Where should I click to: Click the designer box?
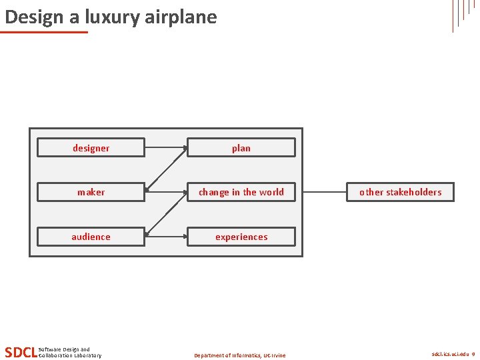(91, 147)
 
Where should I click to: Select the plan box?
(241, 147)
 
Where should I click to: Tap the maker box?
(91, 192)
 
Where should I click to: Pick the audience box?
(91, 237)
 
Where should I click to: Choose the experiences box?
(241, 237)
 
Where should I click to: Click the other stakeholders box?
(400, 192)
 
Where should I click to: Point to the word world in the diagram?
(271, 192)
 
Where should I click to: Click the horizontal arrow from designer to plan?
(165, 147)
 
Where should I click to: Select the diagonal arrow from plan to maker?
(166, 169)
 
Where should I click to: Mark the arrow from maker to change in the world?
(165, 192)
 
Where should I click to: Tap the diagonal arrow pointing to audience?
(166, 214)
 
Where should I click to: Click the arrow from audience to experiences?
(165, 237)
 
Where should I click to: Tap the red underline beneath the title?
(44, 31)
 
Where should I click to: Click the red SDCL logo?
(20, 352)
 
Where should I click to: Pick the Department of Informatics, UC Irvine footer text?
(239, 355)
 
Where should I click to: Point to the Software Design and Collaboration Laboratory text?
(70, 352)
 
